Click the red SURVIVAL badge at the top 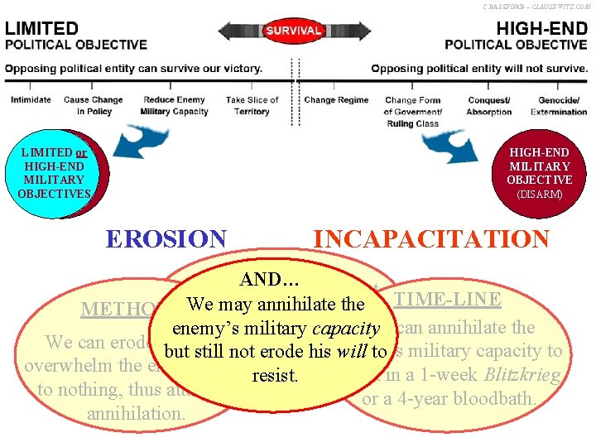click(293, 31)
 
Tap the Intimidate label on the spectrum click(31, 100)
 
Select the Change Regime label click(336, 100)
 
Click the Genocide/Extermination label click(559, 106)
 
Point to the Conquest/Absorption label click(488, 106)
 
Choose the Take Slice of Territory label click(252, 106)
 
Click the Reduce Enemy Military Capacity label click(174, 106)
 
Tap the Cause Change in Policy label click(93, 106)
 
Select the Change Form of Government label click(412, 112)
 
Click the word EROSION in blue click(166, 239)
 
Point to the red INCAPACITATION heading click(430, 239)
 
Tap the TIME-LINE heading click(447, 300)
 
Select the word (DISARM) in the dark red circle click(540, 195)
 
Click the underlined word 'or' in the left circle click(81, 152)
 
